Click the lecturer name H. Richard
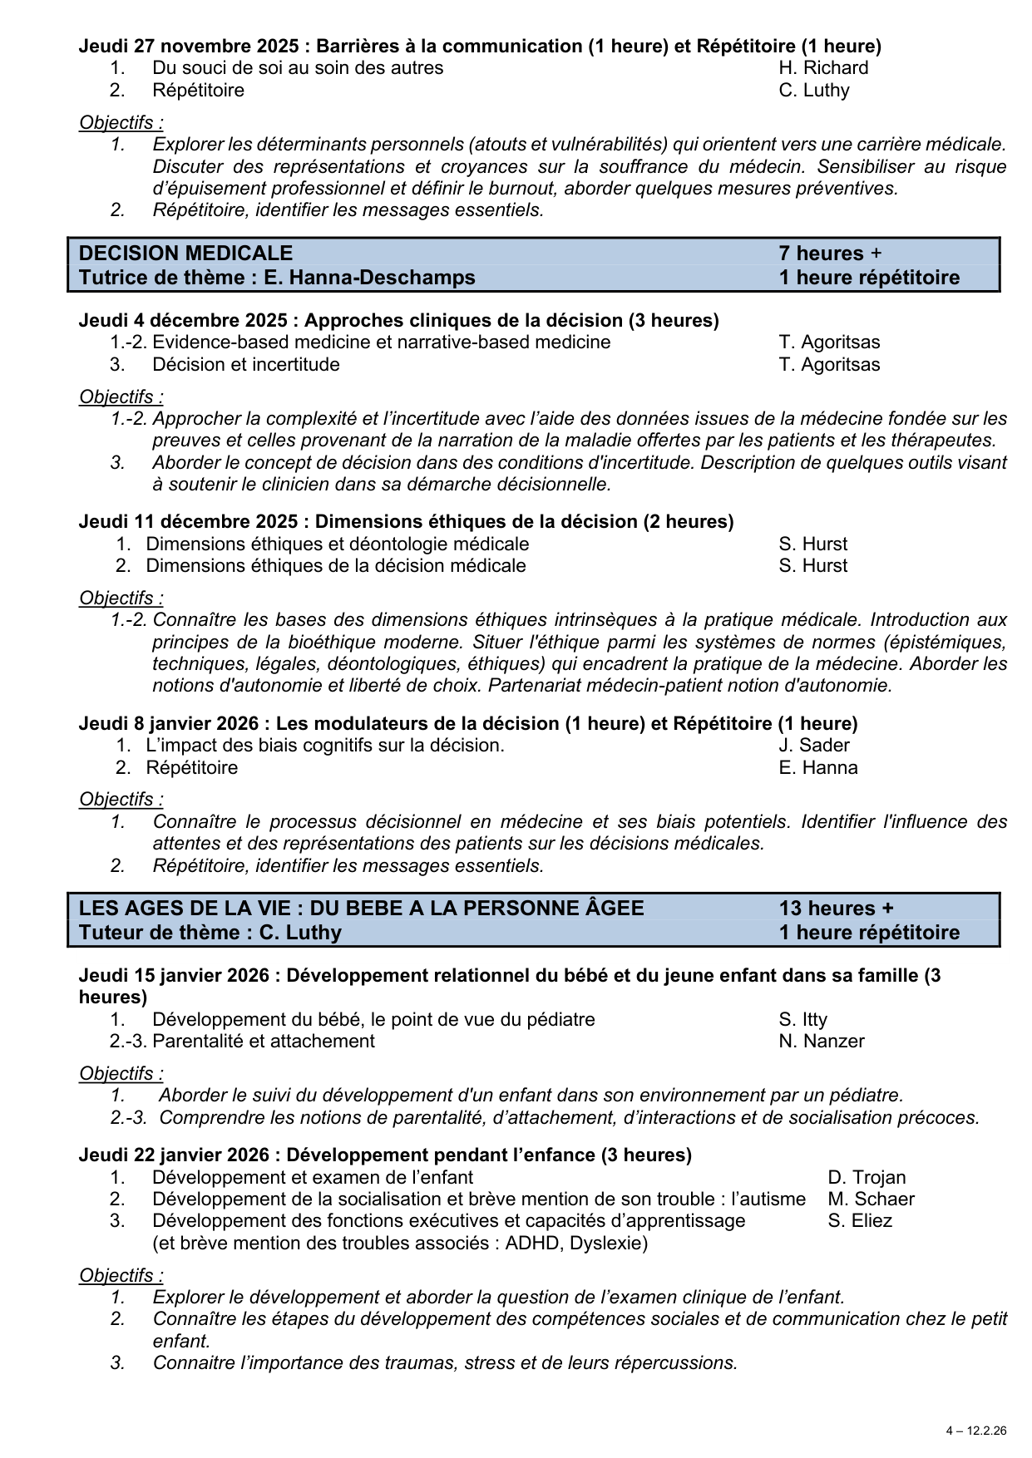pyautogui.click(x=823, y=68)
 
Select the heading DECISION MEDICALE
pyautogui.click(x=185, y=254)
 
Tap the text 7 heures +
pyautogui.click(x=830, y=254)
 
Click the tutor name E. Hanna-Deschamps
pyautogui.click(x=369, y=278)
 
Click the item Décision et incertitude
pyautogui.click(x=245, y=365)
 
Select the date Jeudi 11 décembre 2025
pyautogui.click(x=188, y=522)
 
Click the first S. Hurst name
pyautogui.click(x=812, y=544)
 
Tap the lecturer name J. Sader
pyautogui.click(x=814, y=746)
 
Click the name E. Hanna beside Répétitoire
pyautogui.click(x=817, y=768)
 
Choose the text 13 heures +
pyautogui.click(x=836, y=909)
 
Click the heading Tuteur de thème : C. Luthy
pyautogui.click(x=210, y=933)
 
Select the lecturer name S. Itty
pyautogui.click(x=802, y=1020)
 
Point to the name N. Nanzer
pyautogui.click(x=821, y=1042)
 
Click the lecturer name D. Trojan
pyautogui.click(x=867, y=1178)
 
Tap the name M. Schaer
pyautogui.click(x=871, y=1199)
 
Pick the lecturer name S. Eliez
pyautogui.click(x=860, y=1221)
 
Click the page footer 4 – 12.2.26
pyautogui.click(x=975, y=1431)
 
